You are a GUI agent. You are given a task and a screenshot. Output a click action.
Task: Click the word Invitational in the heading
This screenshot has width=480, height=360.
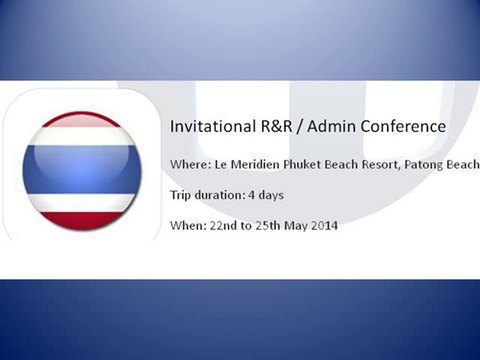coord(204,128)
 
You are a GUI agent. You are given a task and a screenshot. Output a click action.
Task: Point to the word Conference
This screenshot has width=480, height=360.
coord(399,128)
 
